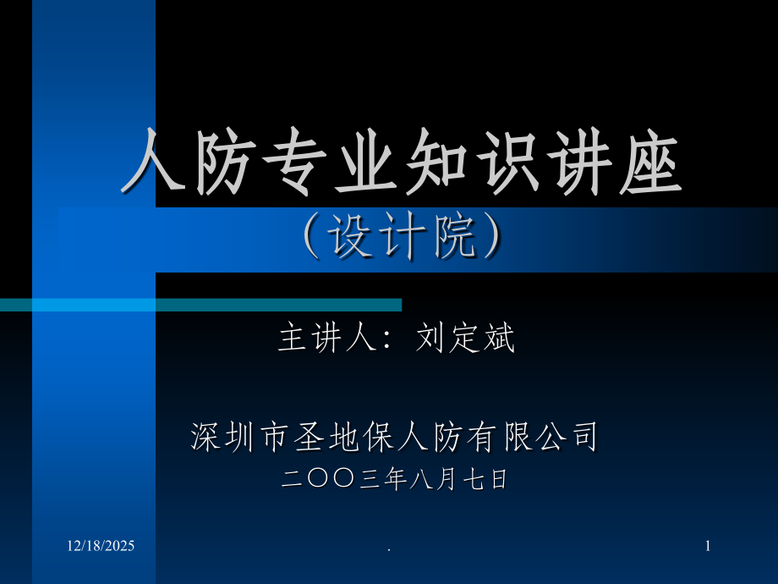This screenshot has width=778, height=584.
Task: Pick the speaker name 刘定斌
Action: point(466,339)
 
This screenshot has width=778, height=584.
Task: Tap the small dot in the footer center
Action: point(389,551)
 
